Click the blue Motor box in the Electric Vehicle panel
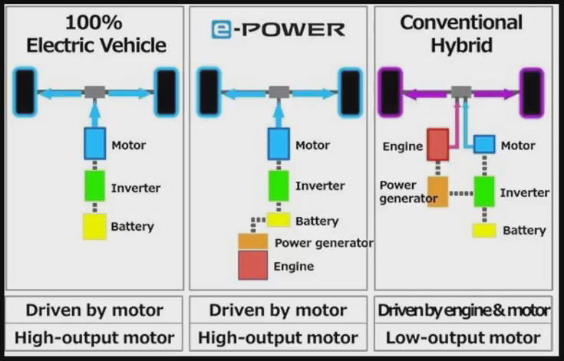94,144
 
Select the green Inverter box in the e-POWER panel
279,185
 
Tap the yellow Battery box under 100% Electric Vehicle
94,226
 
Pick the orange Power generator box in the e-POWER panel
252,242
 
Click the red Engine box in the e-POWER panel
252,265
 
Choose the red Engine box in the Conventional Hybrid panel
437,145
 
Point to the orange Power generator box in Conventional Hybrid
437,191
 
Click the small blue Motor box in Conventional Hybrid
483,144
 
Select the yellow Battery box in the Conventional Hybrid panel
483,230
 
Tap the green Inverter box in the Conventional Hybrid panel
483,192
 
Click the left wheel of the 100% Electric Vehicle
26,92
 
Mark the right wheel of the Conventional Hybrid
532,92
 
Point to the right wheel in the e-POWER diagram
351,92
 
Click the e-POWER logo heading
278,30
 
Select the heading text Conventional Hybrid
461,34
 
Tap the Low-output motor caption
463,337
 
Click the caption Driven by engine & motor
463,310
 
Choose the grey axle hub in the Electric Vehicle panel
94,92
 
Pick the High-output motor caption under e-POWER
278,337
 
